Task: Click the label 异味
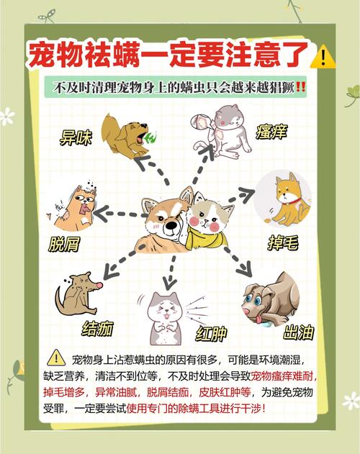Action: tap(76, 138)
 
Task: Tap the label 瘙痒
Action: tap(271, 132)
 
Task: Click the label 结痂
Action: tap(97, 328)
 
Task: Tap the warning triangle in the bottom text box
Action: tap(56, 358)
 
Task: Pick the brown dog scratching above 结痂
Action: tap(75, 293)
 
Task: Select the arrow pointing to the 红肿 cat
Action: tap(171, 271)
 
